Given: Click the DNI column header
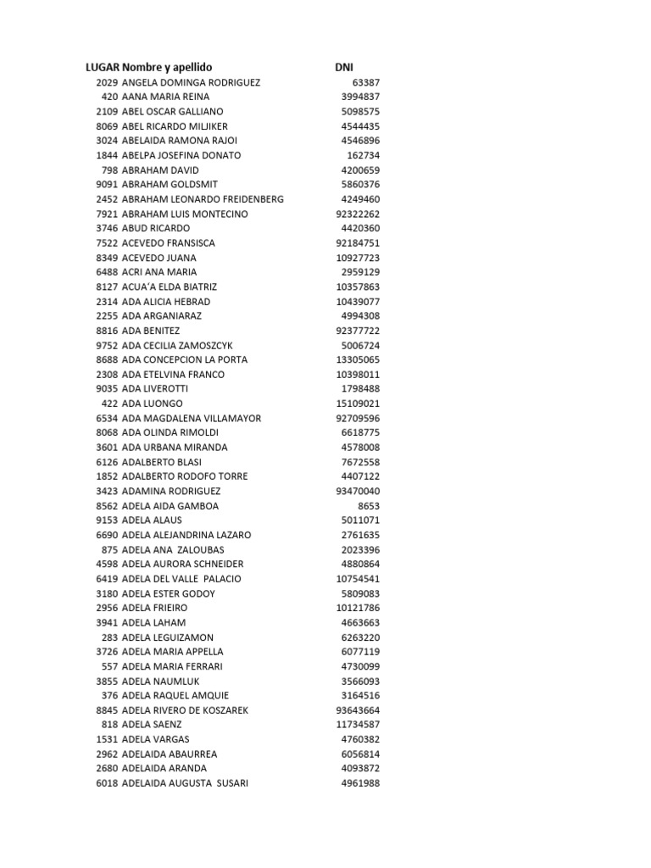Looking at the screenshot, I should click(x=344, y=67).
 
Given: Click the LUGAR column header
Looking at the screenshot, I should click(x=102, y=67).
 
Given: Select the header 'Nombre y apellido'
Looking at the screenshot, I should click(x=167, y=67).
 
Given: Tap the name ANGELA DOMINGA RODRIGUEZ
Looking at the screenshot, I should click(x=191, y=82).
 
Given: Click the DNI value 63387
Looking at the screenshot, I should click(x=365, y=82).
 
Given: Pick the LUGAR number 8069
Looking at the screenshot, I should click(x=107, y=126).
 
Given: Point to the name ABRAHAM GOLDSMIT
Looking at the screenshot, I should click(x=170, y=184).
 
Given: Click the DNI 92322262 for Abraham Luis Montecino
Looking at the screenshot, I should click(x=358, y=214).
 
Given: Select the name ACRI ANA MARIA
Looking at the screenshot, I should click(x=159, y=272).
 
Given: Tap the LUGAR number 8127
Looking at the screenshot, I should click(x=107, y=287).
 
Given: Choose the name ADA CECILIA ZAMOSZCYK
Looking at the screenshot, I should click(x=177, y=345).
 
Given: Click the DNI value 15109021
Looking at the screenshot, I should click(x=358, y=403).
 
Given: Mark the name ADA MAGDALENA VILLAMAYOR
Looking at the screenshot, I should click(x=192, y=418).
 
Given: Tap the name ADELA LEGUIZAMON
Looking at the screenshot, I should click(x=168, y=637).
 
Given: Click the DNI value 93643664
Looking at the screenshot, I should click(x=358, y=710).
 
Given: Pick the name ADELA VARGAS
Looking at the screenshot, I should click(x=156, y=739).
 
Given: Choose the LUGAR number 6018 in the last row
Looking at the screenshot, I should click(x=107, y=783).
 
